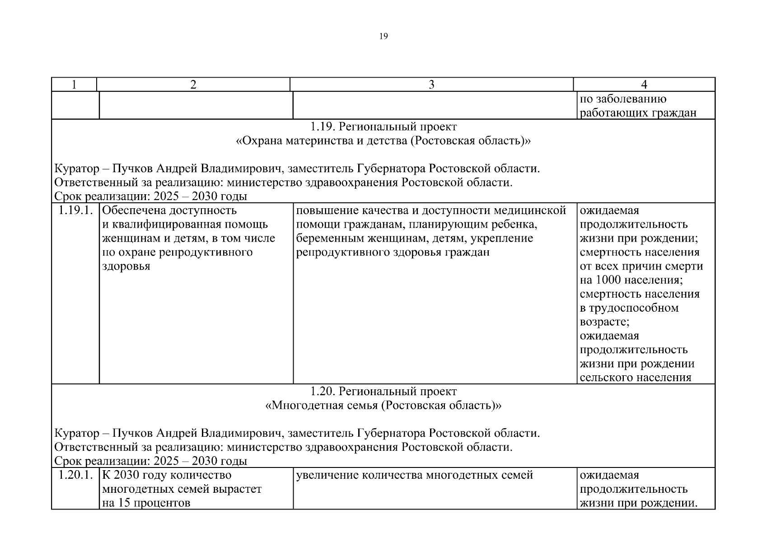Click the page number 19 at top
pyautogui.click(x=383, y=37)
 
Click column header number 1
pyautogui.click(x=74, y=84)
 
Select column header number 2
pyautogui.click(x=193, y=84)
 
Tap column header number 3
pyautogui.click(x=431, y=84)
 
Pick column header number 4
pyautogui.click(x=644, y=84)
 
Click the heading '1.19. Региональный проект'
pyautogui.click(x=383, y=127)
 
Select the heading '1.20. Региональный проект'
pyautogui.click(x=383, y=392)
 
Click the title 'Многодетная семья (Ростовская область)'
pyautogui.click(x=383, y=406)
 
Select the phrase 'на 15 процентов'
pyautogui.click(x=146, y=503)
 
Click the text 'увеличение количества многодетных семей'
pyautogui.click(x=414, y=475)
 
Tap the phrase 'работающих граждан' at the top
pyautogui.click(x=638, y=113)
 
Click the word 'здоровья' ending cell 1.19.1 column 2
pyautogui.click(x=126, y=266)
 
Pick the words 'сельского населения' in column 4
pyautogui.click(x=635, y=378)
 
